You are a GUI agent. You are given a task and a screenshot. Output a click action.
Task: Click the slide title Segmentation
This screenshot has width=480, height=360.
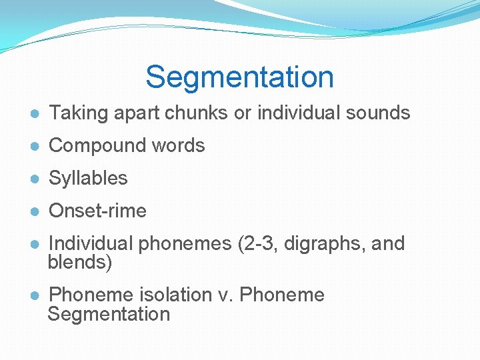pos(239,77)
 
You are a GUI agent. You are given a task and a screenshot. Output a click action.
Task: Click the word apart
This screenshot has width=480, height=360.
pos(136,113)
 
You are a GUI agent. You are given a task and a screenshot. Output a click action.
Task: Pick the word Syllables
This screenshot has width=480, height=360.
pos(88,178)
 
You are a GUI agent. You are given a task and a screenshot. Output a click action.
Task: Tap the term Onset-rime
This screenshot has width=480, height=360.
pos(97,211)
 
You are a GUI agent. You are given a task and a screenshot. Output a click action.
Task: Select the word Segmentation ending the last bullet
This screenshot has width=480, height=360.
pos(109,314)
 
